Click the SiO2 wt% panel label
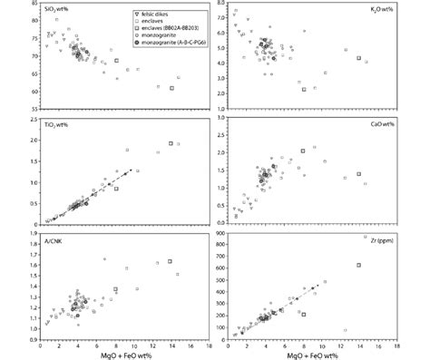[x=61, y=9]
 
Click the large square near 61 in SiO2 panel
[x=171, y=88]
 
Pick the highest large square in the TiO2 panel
[x=171, y=143]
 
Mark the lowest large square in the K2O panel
[x=304, y=89]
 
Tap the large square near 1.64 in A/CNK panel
[x=170, y=261]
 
